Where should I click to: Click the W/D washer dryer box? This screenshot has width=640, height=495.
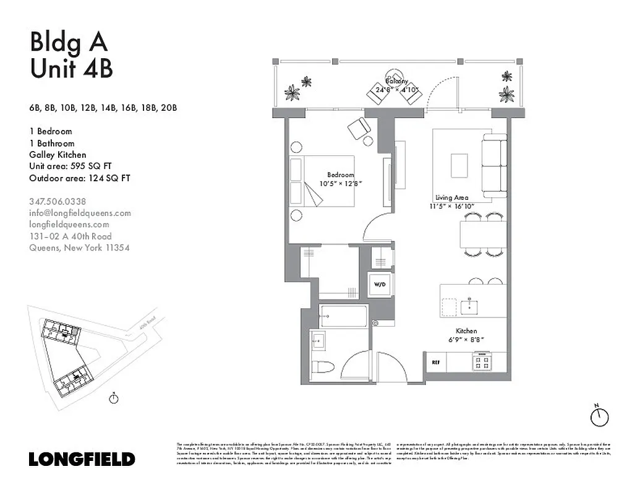point(378,285)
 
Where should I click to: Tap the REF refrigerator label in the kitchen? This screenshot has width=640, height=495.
point(435,361)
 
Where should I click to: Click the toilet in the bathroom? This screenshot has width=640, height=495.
point(323,367)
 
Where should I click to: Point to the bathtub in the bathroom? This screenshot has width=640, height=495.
point(344,316)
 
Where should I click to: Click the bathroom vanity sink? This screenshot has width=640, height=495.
point(318,340)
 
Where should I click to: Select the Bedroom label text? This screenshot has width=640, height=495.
point(341,175)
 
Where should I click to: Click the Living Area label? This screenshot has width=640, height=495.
point(451,197)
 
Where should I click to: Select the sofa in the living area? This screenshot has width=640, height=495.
point(494,165)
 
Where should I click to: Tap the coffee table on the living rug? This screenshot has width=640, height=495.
point(460,165)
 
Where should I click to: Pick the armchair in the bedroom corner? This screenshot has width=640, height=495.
point(359,128)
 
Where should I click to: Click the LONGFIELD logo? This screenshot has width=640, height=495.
point(82,459)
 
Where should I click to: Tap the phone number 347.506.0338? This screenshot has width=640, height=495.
point(58,201)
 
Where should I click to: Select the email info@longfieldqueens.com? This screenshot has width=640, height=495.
point(80,213)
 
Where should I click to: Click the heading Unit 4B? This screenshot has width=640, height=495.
point(71,68)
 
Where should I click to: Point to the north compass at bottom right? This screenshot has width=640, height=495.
point(599,416)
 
